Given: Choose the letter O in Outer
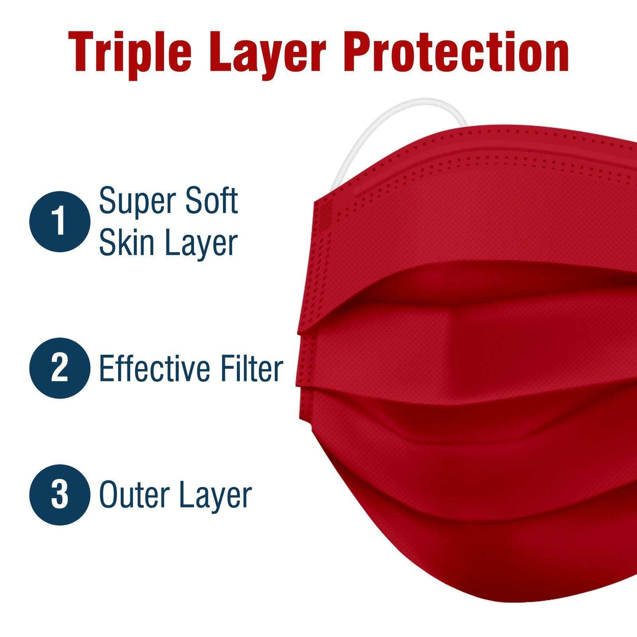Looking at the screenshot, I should [x=108, y=495].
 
